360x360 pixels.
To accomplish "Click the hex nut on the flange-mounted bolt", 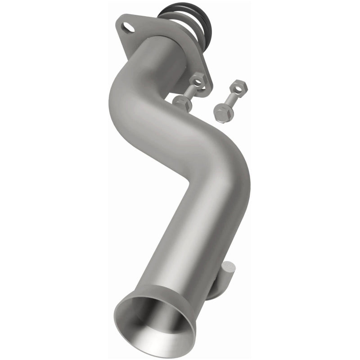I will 198,81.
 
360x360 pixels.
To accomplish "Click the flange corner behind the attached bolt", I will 205,90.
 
